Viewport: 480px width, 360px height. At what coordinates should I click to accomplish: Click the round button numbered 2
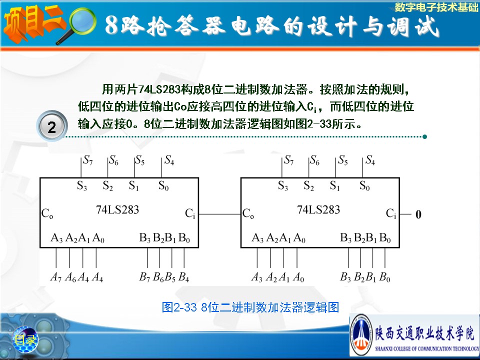(51, 126)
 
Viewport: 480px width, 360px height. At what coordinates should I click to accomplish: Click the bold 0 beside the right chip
(418, 214)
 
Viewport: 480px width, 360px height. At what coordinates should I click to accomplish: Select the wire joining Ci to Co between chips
(220, 214)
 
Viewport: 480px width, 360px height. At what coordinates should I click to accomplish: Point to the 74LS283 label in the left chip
(117, 209)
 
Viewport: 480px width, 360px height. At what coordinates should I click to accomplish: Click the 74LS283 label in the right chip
(318, 209)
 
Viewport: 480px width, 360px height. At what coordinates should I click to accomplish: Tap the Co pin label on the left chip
(47, 213)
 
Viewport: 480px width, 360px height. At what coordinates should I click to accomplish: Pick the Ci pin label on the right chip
(391, 213)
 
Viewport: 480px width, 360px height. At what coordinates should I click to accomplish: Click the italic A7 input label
(56, 277)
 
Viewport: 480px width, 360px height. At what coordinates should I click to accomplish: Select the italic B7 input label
(145, 277)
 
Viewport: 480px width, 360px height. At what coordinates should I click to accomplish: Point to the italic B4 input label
(183, 277)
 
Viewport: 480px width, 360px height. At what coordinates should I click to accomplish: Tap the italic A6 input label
(70, 277)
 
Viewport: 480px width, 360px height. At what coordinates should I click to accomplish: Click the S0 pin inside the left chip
(163, 185)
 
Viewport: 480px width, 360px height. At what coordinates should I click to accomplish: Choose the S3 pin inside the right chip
(283, 185)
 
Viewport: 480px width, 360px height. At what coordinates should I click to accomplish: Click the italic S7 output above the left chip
(88, 160)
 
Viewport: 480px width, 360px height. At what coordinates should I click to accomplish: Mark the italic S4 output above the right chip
(370, 160)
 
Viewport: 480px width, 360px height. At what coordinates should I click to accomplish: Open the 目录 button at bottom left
(25, 339)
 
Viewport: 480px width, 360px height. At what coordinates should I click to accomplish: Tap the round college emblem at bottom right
(361, 334)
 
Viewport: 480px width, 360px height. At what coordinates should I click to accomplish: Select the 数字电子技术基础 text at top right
(436, 7)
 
